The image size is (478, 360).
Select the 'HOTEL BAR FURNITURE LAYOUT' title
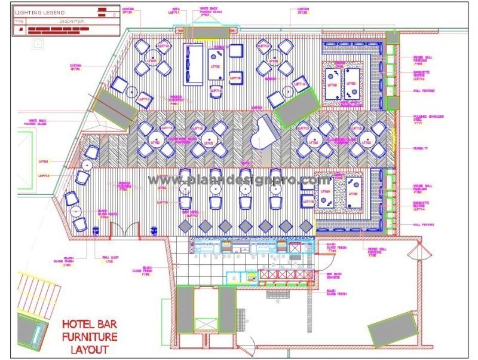click(x=90, y=337)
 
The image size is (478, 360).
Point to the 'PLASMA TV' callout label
click(x=422, y=148)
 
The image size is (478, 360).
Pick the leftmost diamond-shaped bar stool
click(x=185, y=225)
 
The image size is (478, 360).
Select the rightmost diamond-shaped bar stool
click(x=306, y=225)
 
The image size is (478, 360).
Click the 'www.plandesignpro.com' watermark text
click(x=239, y=179)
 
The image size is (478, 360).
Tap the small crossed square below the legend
click(x=38, y=42)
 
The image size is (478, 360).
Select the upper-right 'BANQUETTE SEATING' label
click(x=424, y=74)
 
